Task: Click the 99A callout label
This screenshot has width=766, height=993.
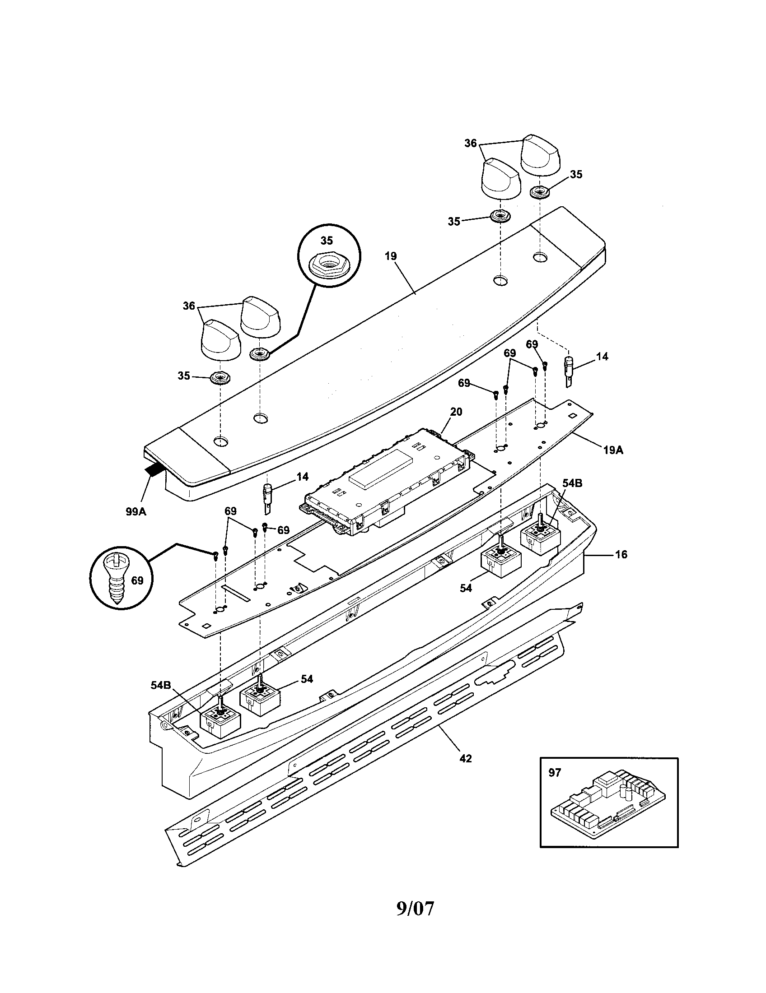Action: (x=136, y=511)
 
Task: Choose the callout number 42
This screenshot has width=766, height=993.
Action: (x=465, y=758)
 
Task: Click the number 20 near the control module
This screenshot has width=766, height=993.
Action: (x=456, y=412)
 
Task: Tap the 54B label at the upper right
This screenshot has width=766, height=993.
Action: (x=572, y=483)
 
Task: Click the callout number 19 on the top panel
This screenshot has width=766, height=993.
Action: (x=390, y=256)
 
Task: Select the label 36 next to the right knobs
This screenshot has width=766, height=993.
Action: (x=470, y=143)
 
